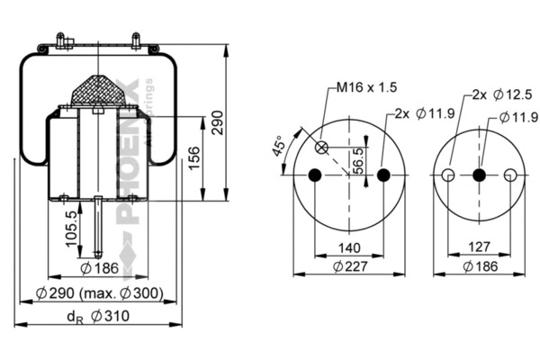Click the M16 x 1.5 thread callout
pos(366,87)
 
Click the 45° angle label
pos(280,146)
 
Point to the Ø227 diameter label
pos(348,266)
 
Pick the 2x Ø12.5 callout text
pos(494,94)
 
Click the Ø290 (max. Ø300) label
pos(98,294)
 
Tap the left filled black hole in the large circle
pos(315,175)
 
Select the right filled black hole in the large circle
pos(383,175)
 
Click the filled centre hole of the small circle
pos(479,175)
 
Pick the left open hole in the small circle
pos(447,175)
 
